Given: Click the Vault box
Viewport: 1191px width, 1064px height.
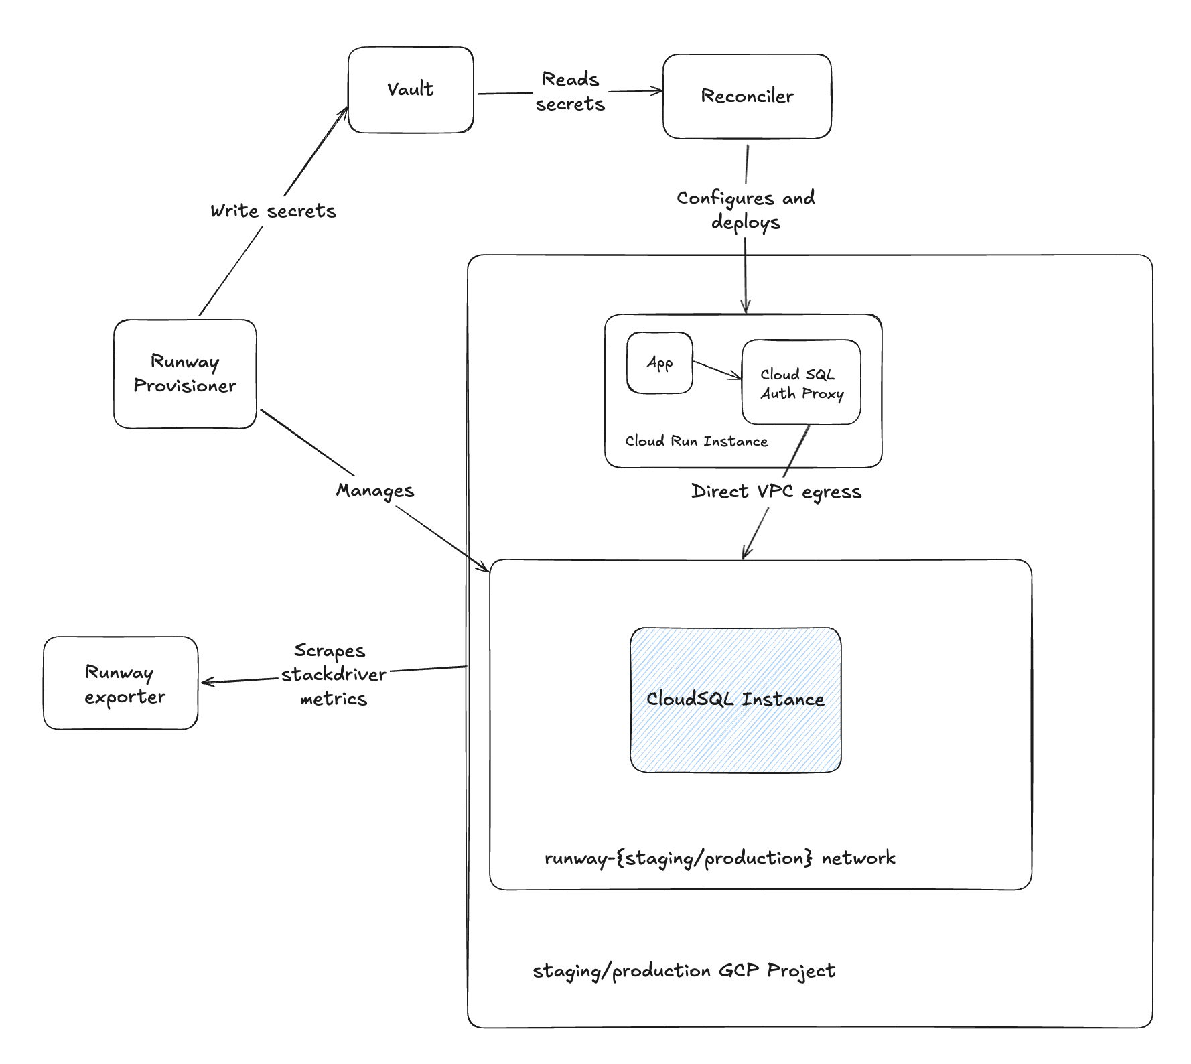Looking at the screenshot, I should coord(411,90).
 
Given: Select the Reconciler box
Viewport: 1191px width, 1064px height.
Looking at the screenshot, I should coord(747,96).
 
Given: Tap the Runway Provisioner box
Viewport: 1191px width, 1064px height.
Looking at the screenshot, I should coord(185,374).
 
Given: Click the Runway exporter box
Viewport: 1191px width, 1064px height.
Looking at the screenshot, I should coord(121,683).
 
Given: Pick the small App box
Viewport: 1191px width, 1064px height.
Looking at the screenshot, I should coord(659,363).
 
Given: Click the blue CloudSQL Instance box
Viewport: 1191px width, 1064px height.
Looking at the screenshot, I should coord(735,700).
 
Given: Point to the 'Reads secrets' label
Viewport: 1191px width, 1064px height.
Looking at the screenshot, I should coord(570,92).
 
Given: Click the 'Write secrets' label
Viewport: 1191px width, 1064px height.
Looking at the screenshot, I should coord(273,211).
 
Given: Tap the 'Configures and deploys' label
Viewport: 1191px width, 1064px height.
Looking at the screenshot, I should coord(746,210).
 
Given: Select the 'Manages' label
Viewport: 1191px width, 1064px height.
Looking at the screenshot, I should coord(375,490).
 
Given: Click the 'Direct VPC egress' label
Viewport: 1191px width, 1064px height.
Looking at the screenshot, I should coord(776,492).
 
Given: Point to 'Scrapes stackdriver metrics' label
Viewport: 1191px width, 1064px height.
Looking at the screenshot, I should coord(333,675).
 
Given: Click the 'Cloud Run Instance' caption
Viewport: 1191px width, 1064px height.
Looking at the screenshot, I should coord(696,441).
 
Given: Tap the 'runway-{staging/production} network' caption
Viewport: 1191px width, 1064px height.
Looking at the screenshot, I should coord(719,858).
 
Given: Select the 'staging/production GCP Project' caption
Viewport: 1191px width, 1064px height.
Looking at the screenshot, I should coord(683,971).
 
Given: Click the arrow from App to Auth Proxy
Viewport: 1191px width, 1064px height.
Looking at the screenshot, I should coord(717,371).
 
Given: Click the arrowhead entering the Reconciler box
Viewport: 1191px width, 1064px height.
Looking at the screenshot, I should coord(658,91).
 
